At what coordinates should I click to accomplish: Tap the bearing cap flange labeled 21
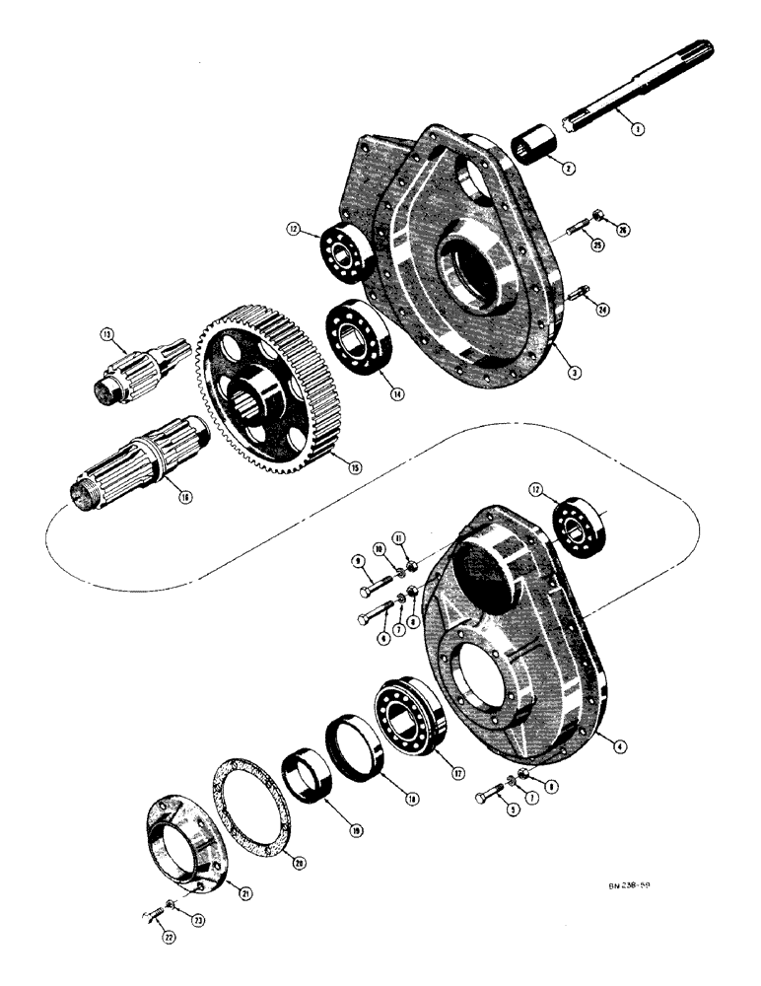click(x=182, y=847)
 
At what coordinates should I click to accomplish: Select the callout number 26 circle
click(x=621, y=230)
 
